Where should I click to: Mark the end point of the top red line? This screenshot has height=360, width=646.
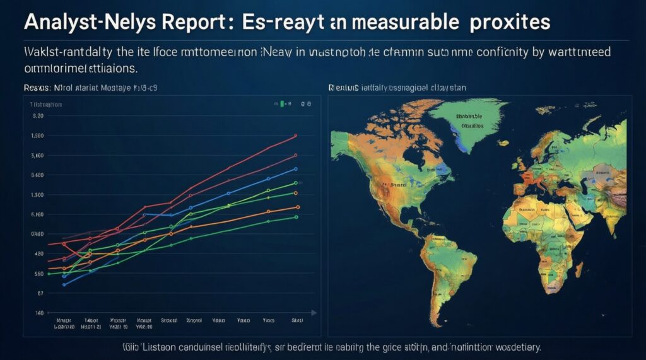pyautogui.click(x=296, y=136)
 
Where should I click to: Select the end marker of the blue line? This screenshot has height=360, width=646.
pyautogui.click(x=296, y=169)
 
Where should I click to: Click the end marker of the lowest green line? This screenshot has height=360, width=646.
pyautogui.click(x=296, y=218)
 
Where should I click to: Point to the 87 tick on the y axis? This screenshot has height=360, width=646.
pyautogui.click(x=40, y=293)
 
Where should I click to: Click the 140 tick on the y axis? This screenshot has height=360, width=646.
pyautogui.click(x=39, y=313)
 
